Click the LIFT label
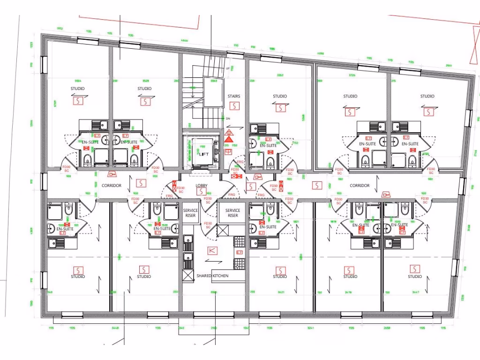[x=204, y=154]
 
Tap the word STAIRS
[x=234, y=97]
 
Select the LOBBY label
[x=202, y=186]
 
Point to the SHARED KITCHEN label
[x=212, y=276]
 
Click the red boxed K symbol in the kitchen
[x=212, y=250]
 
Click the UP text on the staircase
[x=228, y=68]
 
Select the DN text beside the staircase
[x=228, y=119]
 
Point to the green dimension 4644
[x=184, y=40]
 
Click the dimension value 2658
[x=387, y=329]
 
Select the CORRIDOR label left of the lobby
[x=112, y=186]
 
